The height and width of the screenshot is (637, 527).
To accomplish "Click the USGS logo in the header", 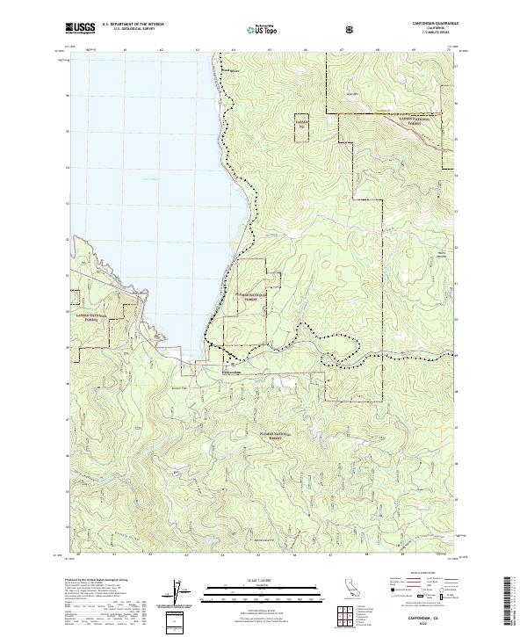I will (80, 29).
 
